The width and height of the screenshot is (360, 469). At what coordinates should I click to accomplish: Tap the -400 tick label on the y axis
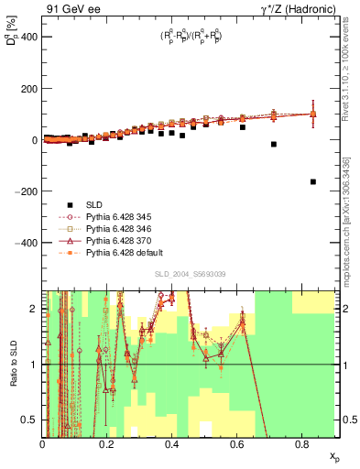click(23, 243)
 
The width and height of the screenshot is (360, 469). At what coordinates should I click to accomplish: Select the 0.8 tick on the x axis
click(302, 444)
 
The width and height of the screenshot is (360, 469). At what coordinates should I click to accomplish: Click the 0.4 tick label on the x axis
click(172, 444)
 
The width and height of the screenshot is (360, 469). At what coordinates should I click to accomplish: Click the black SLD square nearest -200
click(313, 181)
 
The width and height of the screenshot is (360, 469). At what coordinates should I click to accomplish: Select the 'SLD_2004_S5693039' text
click(191, 274)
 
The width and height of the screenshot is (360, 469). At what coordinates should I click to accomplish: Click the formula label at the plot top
click(191, 37)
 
